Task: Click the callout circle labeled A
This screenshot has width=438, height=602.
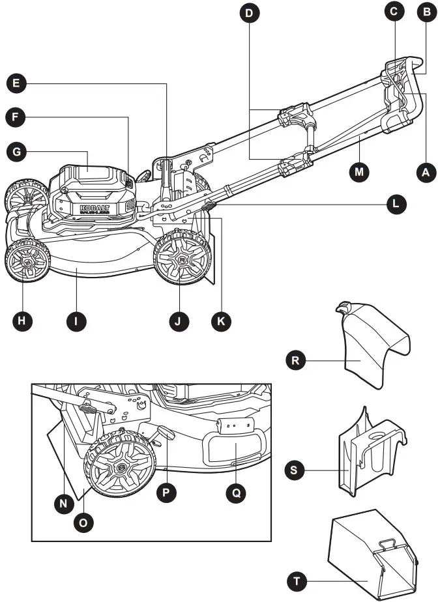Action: [425, 172]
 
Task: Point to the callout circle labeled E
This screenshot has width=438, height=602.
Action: [17, 83]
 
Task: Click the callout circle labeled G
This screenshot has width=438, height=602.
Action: [17, 152]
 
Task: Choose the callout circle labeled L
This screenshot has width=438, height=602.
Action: [394, 204]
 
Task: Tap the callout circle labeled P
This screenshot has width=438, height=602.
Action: [168, 493]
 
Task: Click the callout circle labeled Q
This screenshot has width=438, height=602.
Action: [236, 493]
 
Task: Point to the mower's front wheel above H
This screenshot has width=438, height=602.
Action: [27, 261]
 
